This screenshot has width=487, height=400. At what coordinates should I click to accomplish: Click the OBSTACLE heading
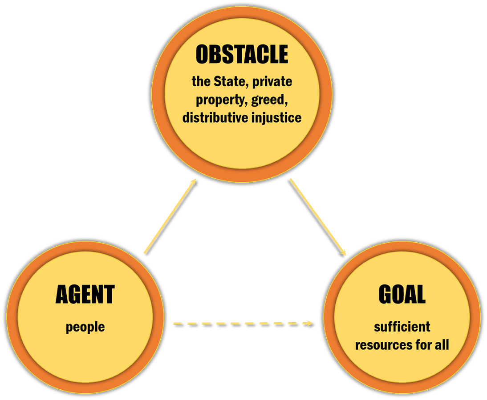[x=242, y=55]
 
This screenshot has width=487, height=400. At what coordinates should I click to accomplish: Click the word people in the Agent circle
[x=85, y=328]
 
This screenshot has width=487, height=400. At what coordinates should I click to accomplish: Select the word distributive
[x=212, y=118]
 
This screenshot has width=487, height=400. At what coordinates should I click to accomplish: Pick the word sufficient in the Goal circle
[x=402, y=327]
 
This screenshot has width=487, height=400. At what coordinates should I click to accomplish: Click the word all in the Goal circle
[x=441, y=344]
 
